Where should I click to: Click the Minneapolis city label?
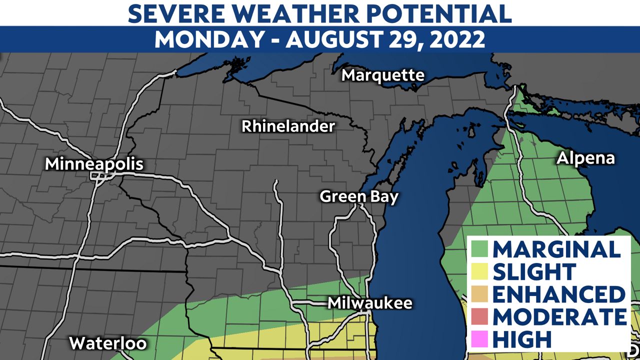(94, 164)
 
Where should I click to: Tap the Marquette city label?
(382, 75)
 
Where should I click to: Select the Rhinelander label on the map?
(288, 126)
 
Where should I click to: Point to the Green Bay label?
(359, 196)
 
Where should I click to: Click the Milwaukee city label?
(370, 303)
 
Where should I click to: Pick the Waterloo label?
(107, 343)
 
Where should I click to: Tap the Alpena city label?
(585, 158)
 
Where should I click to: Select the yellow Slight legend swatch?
(479, 271)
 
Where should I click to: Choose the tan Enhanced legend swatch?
(479, 294)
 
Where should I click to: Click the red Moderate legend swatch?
(479, 316)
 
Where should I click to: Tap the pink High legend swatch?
(479, 339)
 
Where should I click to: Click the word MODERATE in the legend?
(559, 316)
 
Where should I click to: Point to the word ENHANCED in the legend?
(559, 294)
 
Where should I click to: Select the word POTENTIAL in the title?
(439, 13)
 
